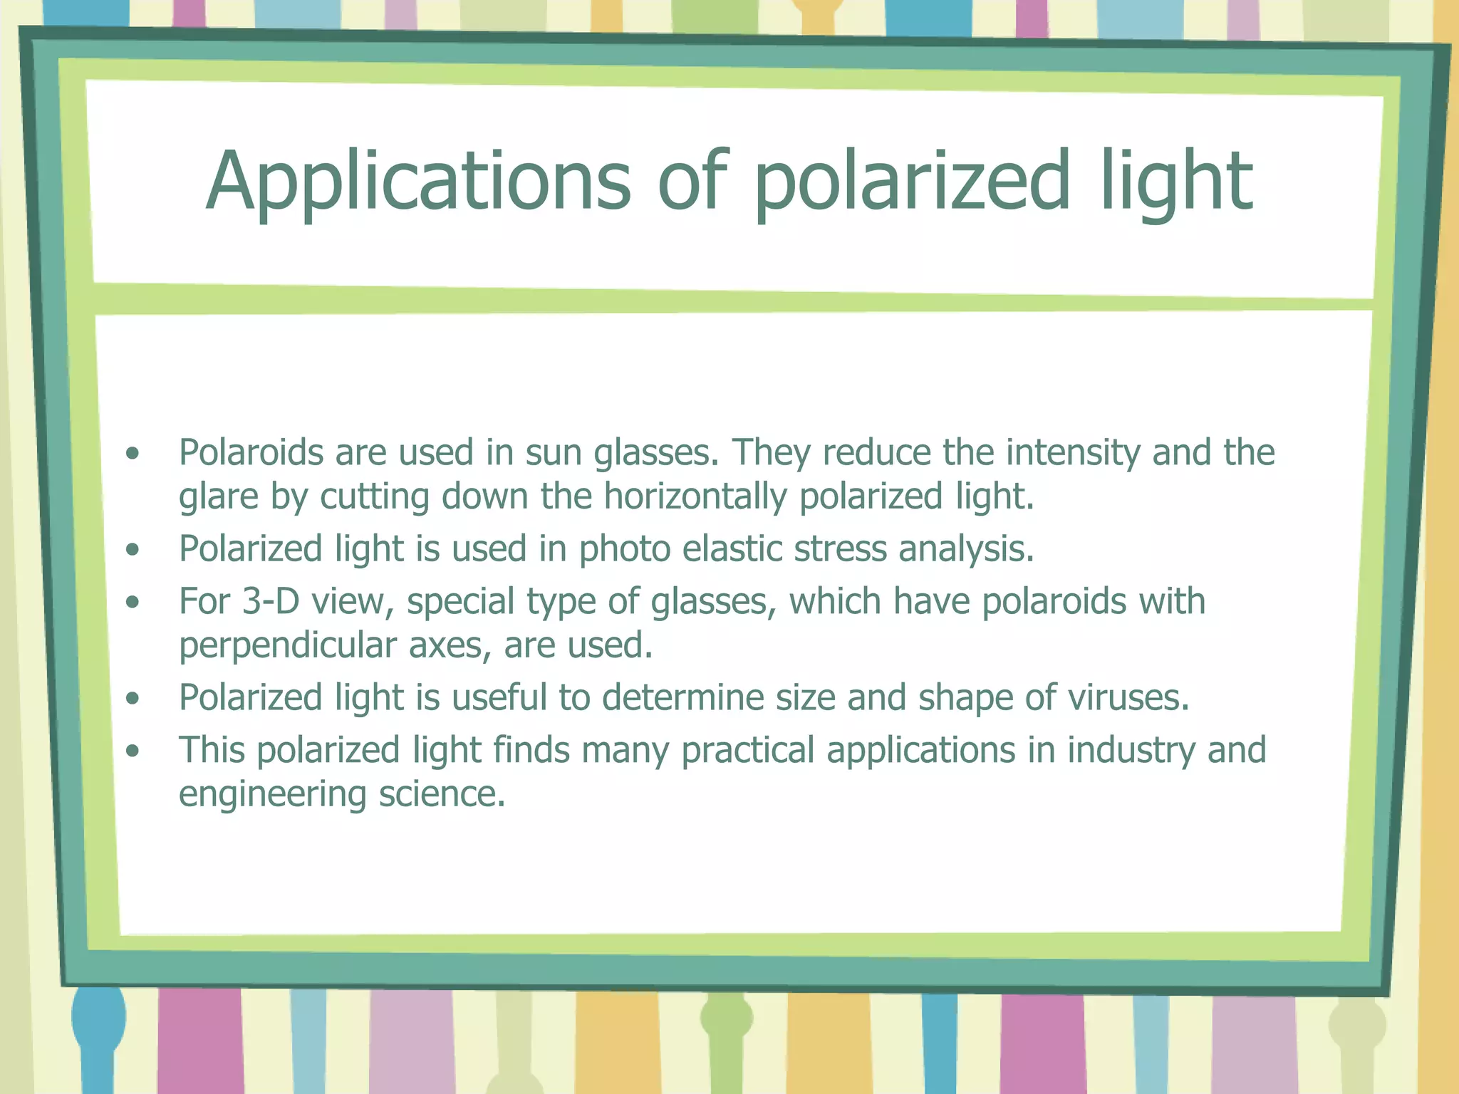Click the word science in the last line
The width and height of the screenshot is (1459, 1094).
coord(442,794)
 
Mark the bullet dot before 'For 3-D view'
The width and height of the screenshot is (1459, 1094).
coord(133,603)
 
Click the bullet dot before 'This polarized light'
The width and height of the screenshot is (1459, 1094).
coord(133,751)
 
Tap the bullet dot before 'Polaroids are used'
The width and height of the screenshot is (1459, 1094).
coord(133,454)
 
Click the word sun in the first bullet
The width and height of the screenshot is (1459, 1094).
coord(554,453)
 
